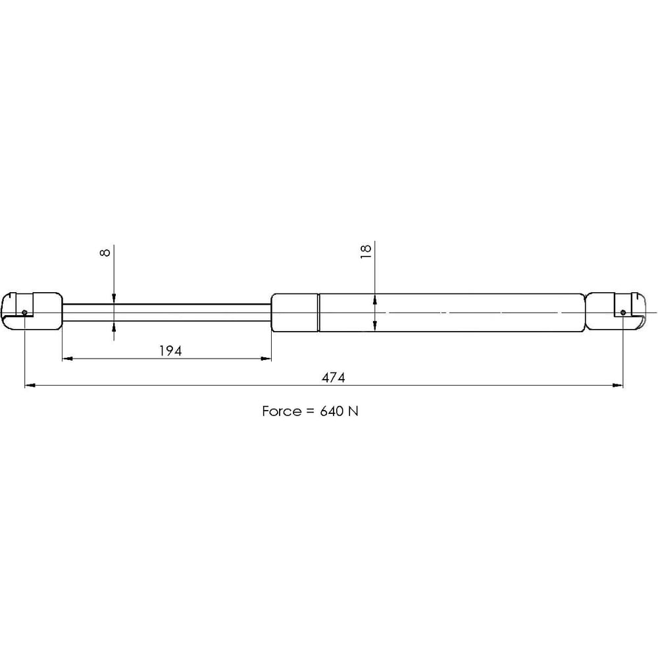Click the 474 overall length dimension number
point(333,377)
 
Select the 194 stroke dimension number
point(170,351)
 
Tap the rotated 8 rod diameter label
point(105,252)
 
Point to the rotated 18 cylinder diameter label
point(366,251)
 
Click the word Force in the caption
point(282,411)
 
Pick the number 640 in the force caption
point(332,411)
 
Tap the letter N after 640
point(353,411)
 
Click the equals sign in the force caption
point(310,411)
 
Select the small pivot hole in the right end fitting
point(622,312)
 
